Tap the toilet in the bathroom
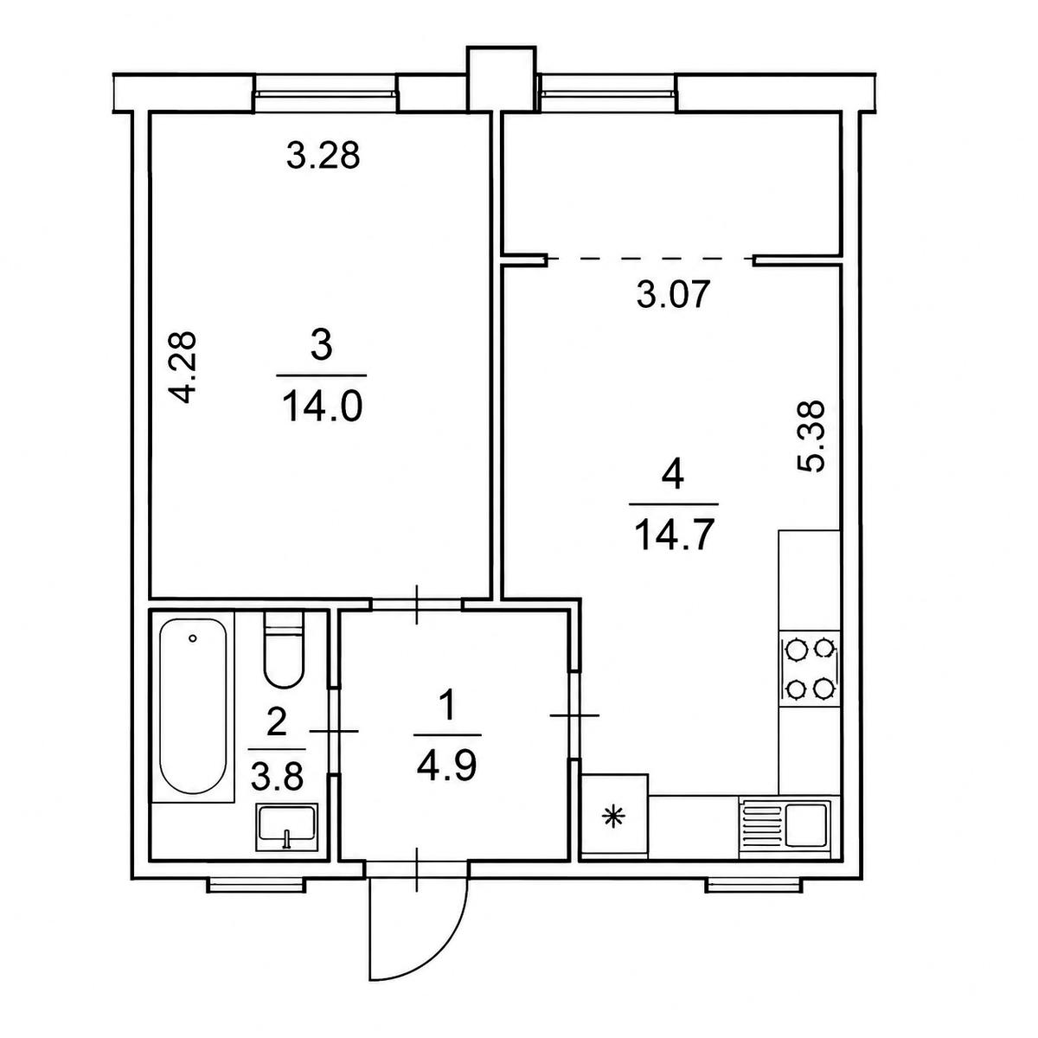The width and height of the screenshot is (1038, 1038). [x=283, y=649]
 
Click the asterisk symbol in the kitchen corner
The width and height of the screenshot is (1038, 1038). [x=612, y=819]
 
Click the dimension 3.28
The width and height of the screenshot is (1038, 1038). [x=323, y=156]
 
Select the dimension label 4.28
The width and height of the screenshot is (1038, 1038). [x=182, y=368]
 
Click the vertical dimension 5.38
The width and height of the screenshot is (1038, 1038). [x=811, y=436]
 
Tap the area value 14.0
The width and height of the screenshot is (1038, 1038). [x=322, y=407]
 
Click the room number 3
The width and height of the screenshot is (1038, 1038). [x=322, y=345]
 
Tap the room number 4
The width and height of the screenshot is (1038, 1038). [x=673, y=476]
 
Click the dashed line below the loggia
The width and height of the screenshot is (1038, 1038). [x=650, y=259]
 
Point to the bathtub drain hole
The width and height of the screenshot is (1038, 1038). [x=192, y=638]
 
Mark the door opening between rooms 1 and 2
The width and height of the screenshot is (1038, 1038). [x=335, y=731]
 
